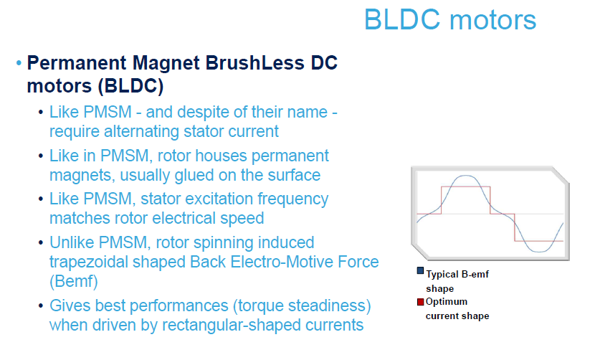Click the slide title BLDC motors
(450, 19)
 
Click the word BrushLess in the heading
(254, 62)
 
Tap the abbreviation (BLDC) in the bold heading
(130, 86)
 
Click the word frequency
(292, 199)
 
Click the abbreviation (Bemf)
(74, 281)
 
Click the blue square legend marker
(420, 271)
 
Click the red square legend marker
(420, 302)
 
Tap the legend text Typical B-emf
(457, 274)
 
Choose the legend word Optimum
(446, 302)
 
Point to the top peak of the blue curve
(465, 176)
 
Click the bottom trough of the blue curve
(539, 251)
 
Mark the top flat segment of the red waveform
(465, 186)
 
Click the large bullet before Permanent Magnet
(19, 63)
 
